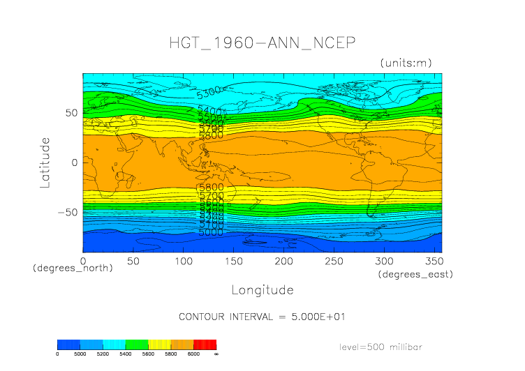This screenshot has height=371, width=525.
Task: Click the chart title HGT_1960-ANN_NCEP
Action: [262, 43]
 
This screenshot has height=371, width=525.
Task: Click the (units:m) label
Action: [406, 63]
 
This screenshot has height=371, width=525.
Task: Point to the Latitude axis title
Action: [45, 162]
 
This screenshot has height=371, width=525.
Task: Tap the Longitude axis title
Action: [262, 289]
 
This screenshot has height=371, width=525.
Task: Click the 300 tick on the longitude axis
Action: [382, 261]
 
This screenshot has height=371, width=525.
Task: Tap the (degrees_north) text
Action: [73, 268]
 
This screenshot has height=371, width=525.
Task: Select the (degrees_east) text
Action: [415, 275]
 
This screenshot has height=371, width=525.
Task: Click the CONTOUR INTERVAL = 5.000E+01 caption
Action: [262, 317]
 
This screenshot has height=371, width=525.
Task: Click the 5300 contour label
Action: [209, 91]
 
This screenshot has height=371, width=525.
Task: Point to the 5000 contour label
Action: [210, 232]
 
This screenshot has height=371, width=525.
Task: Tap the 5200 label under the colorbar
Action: [102, 354]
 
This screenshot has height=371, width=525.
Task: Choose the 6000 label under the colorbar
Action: [193, 354]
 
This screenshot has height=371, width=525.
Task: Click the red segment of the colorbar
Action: [205, 344]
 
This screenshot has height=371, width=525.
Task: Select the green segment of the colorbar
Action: [137, 344]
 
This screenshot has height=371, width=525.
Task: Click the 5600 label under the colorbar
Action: [148, 354]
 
